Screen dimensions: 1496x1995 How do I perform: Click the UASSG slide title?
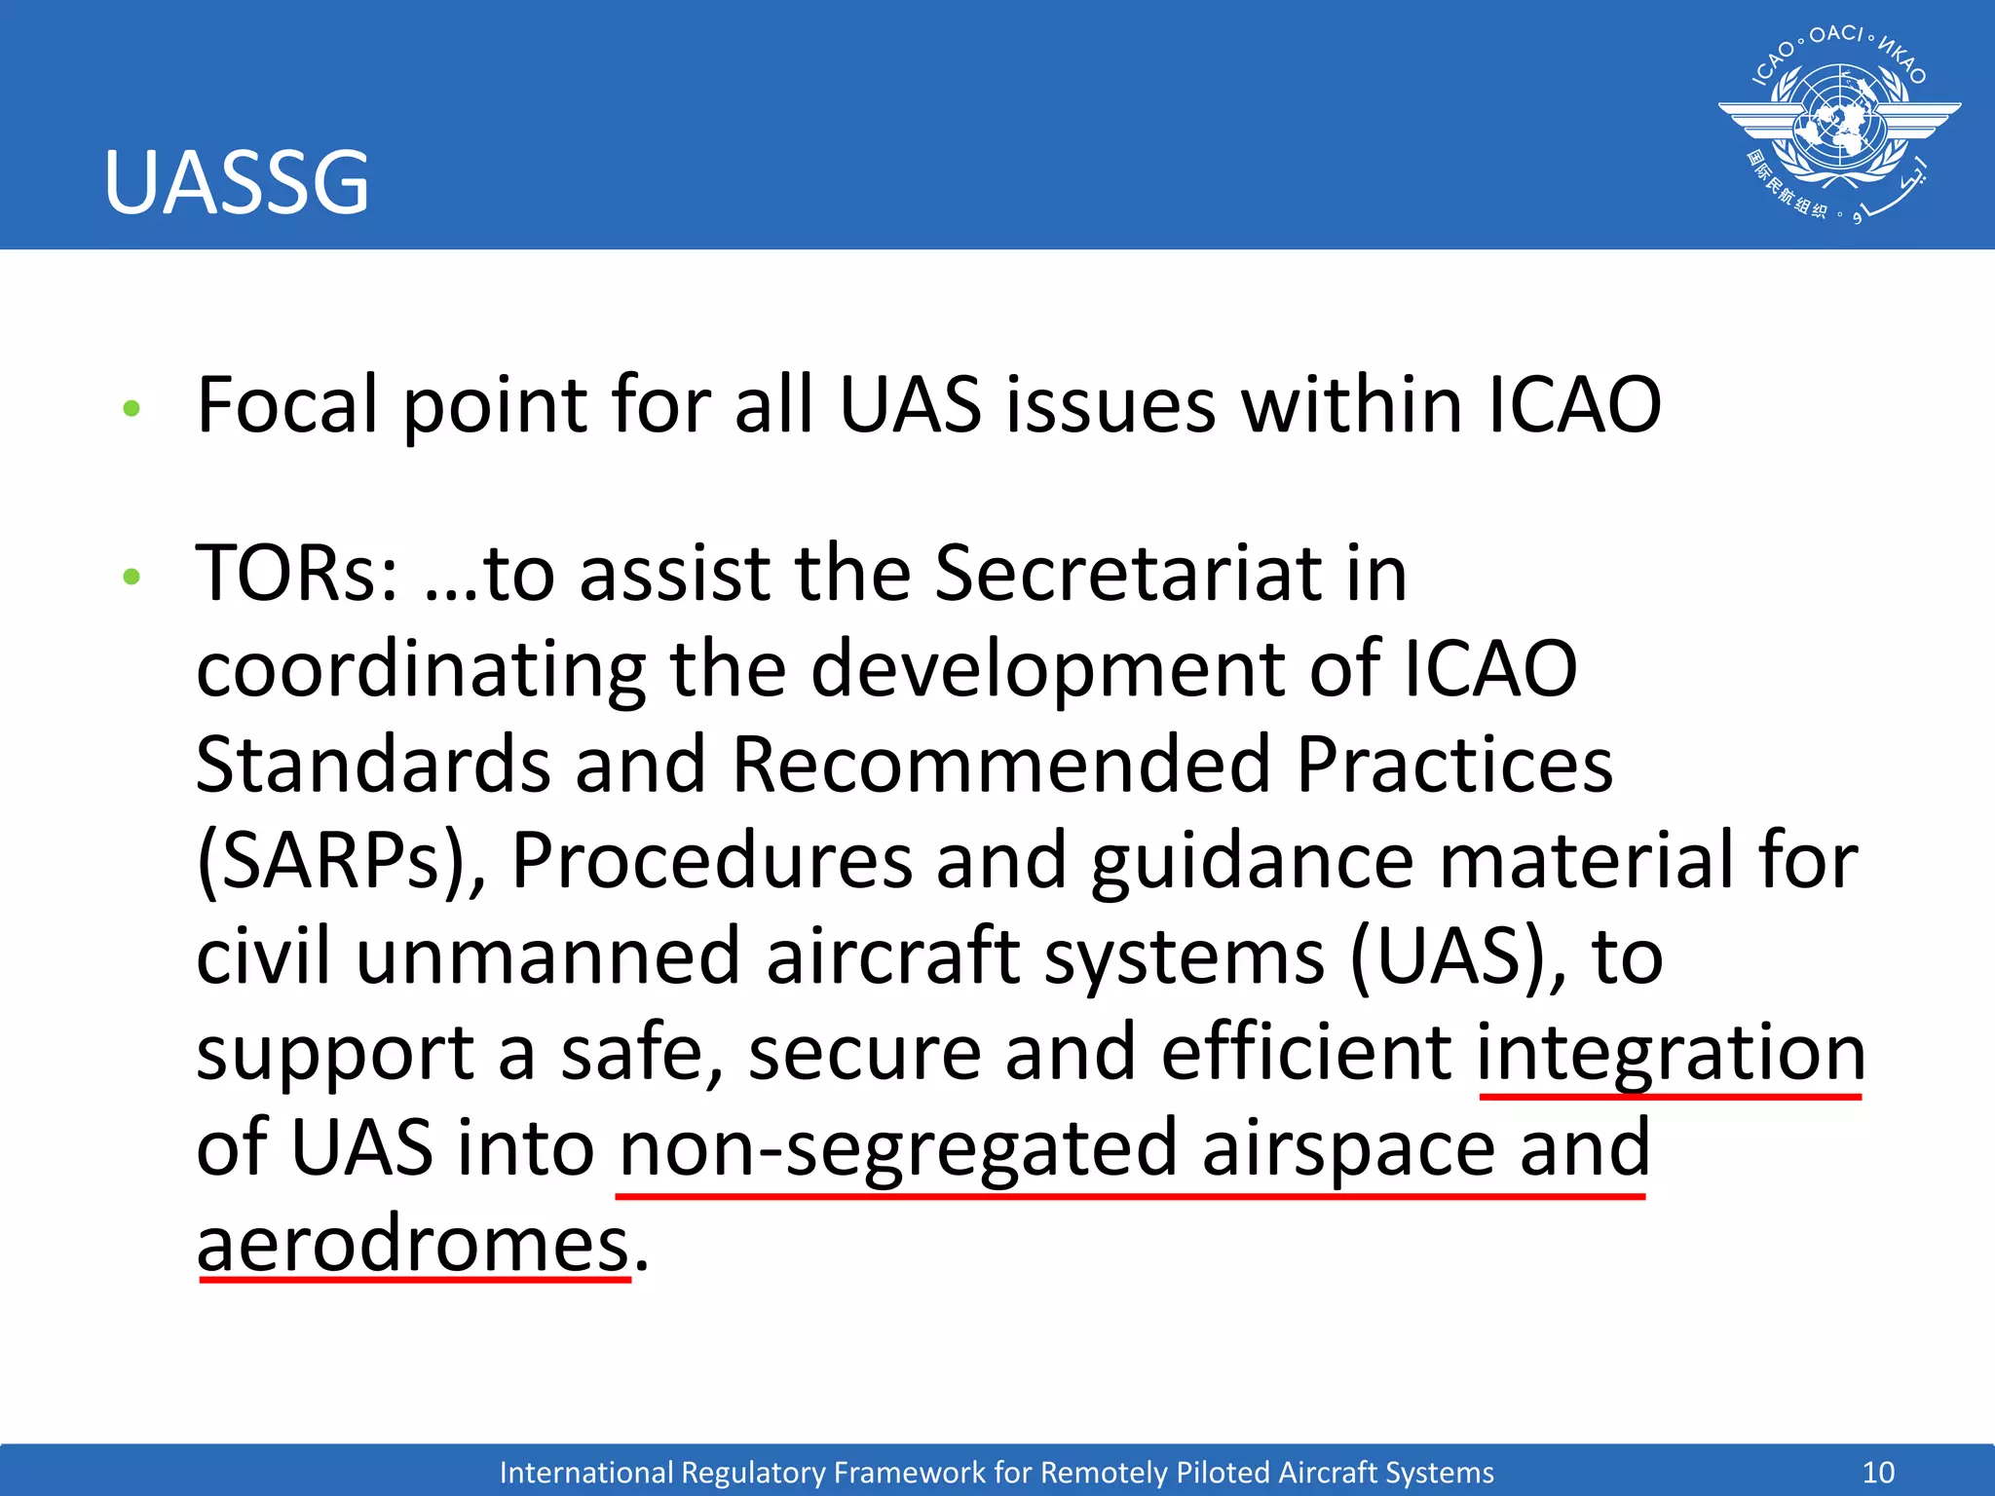[x=237, y=182]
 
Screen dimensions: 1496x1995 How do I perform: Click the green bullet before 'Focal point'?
[x=132, y=408]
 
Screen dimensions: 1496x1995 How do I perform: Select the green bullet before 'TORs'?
[x=132, y=577]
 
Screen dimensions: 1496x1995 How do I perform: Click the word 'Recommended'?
[x=1000, y=766]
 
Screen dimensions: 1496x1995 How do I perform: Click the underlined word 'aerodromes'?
[x=413, y=1245]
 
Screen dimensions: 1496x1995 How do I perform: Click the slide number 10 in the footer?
[x=1878, y=1472]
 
